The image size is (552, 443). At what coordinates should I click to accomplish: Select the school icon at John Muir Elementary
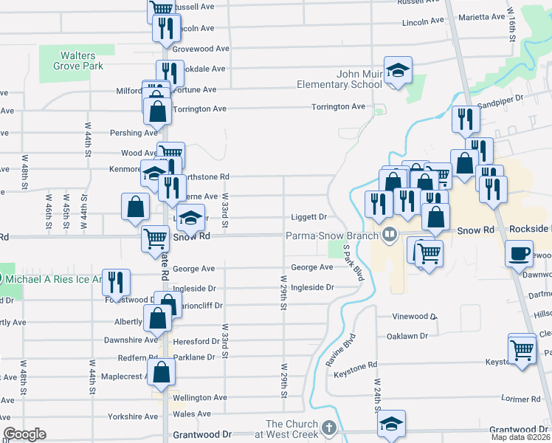[399, 71]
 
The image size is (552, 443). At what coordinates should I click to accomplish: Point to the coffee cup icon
[519, 253]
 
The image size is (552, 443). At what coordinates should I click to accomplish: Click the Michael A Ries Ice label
[52, 279]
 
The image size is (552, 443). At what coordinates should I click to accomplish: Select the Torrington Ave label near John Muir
[338, 107]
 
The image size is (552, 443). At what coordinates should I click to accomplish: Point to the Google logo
[25, 434]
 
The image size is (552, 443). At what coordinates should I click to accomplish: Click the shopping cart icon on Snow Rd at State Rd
[155, 238]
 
